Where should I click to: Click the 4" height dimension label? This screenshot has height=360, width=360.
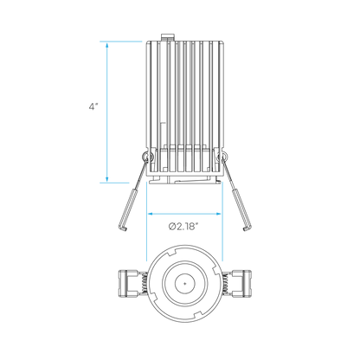pos(93,106)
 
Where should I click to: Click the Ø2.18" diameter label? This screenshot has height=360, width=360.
pos(184,227)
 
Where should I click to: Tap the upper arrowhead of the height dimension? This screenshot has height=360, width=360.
pos(107,46)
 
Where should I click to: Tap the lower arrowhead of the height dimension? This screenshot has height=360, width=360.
pos(107,179)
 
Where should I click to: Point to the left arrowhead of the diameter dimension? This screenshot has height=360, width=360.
pos(151,214)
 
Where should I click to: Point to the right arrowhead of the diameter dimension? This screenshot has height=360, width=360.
pos(218,214)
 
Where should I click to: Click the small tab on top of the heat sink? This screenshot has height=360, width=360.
pos(168,37)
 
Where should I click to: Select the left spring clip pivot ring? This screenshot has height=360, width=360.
pos(146,157)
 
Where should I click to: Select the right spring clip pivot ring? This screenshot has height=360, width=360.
pos(222,157)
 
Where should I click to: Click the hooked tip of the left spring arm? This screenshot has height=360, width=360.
pos(123,228)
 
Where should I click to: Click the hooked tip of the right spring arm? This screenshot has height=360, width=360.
pos(246,228)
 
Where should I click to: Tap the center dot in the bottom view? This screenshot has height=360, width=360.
pos(184,283)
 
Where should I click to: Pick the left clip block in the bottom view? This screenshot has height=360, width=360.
pos(128,283)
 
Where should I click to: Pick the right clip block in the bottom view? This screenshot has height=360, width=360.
pos(241,283)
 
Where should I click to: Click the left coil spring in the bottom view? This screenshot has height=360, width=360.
pos(145,283)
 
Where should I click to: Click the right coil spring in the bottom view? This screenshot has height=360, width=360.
pos(225,283)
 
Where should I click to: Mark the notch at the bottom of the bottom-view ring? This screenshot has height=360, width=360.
pos(197,314)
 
